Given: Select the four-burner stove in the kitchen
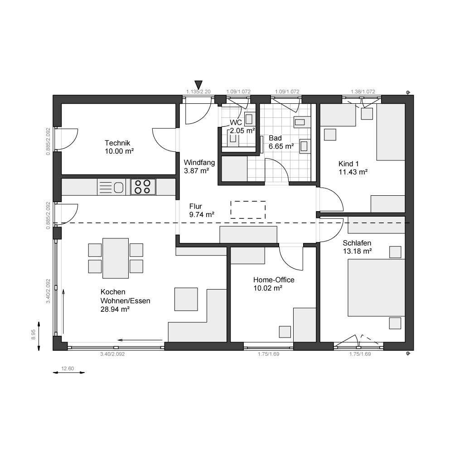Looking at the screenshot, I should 143,186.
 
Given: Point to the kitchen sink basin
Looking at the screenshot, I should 119,187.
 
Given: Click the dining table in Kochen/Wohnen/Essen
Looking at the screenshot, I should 116,258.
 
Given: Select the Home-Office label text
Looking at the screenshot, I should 274,280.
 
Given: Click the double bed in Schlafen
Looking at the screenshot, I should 376,287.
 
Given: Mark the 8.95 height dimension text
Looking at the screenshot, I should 34,335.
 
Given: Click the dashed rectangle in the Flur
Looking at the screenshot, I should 248,210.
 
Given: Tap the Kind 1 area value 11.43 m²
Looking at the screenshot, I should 353,172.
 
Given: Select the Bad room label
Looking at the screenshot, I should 275,138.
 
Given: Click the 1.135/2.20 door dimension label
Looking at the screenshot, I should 198,92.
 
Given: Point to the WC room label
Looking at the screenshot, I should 236,123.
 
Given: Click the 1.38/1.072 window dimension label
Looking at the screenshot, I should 363,92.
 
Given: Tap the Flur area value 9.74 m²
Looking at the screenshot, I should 202,214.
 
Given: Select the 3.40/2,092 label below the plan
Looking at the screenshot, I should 112,354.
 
